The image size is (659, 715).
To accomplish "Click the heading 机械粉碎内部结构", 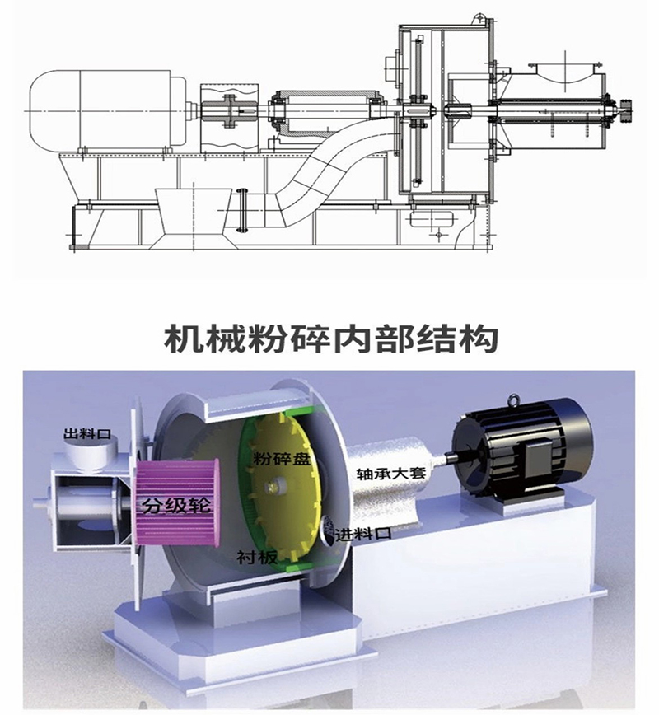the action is coord(330,339).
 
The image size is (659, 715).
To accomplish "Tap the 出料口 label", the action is coord(87,433).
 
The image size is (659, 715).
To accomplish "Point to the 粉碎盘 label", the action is coord(282,458).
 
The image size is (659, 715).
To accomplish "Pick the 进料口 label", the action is coord(363,534).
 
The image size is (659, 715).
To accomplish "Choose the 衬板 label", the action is coord(257,557).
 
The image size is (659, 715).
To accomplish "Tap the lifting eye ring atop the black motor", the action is coord(514,400).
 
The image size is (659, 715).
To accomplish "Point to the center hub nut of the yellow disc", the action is coord(274,486).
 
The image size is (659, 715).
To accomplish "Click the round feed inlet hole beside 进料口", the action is coord(328,530).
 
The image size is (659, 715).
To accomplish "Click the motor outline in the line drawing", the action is coord(107,111).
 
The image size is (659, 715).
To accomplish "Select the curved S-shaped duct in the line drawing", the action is coord(329,169).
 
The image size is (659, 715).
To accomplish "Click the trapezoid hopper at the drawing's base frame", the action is coord(193,217).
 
